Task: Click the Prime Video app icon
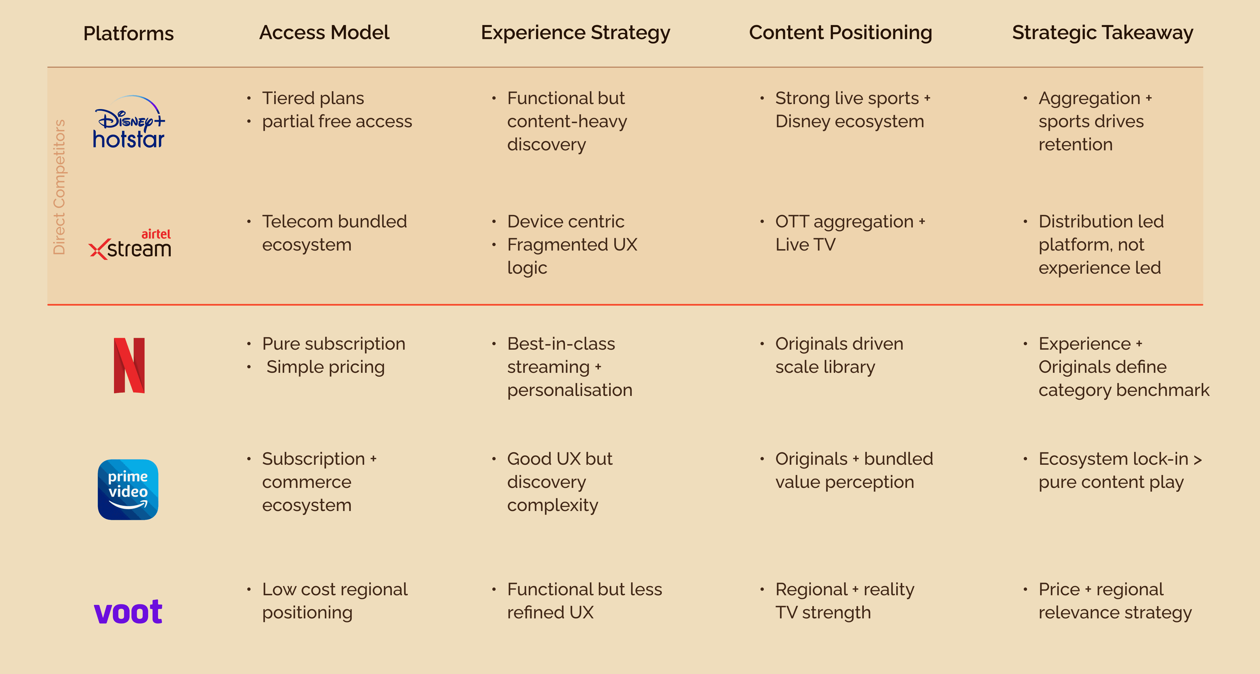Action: pos(128,489)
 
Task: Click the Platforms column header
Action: pos(129,33)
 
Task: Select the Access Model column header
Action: pos(324,33)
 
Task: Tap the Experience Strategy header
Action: pos(575,33)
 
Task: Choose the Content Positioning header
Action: pos(840,33)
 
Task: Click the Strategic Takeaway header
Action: pos(1102,33)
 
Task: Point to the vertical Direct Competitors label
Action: pos(59,187)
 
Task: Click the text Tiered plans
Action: pos(313,98)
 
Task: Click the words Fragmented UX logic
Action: pos(572,256)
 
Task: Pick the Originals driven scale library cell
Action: pos(839,355)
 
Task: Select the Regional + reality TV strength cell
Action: pos(845,601)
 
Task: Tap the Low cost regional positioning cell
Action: pos(335,601)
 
